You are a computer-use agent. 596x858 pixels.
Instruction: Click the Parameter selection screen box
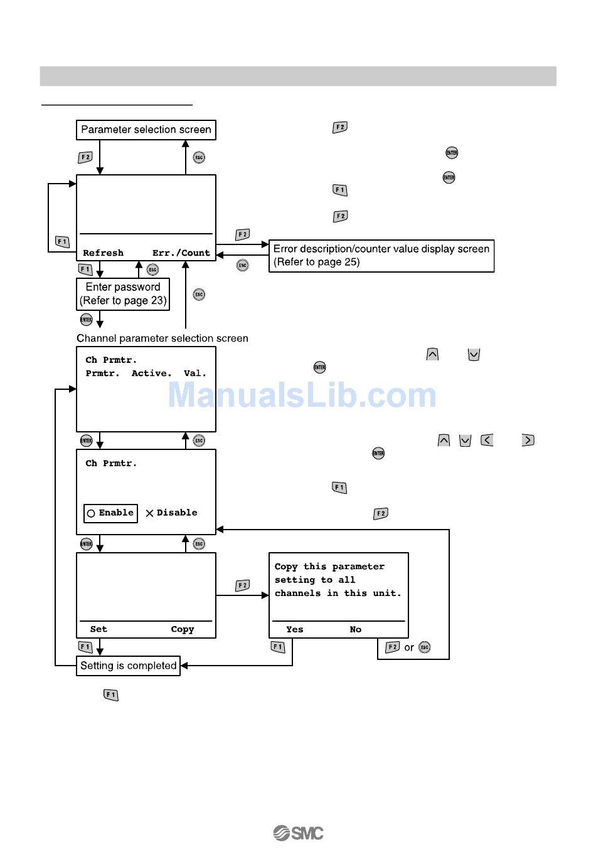146,130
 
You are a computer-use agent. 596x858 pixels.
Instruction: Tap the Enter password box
123,294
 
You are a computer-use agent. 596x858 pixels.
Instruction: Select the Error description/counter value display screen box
381,256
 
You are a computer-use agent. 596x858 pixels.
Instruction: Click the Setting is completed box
129,666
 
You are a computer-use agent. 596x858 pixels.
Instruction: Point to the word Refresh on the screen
103,253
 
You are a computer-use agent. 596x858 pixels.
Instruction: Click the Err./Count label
181,253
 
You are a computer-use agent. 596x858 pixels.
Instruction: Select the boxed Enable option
110,513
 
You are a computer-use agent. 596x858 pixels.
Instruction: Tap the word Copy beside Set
183,629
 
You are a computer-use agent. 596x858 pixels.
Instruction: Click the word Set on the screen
98,629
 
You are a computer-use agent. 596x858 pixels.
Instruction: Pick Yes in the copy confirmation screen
294,629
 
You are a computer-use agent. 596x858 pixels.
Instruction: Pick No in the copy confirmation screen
356,629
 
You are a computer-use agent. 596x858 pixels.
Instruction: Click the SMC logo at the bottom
298,833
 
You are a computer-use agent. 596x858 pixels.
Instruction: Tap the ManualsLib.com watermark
302,395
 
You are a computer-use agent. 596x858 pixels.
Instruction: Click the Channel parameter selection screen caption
162,338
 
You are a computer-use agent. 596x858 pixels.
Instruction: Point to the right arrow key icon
528,440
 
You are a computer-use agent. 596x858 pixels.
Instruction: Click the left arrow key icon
487,440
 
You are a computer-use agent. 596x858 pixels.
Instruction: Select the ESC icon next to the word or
425,647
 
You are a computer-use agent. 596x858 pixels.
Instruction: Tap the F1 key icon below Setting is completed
111,695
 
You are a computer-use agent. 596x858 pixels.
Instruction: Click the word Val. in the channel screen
194,374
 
